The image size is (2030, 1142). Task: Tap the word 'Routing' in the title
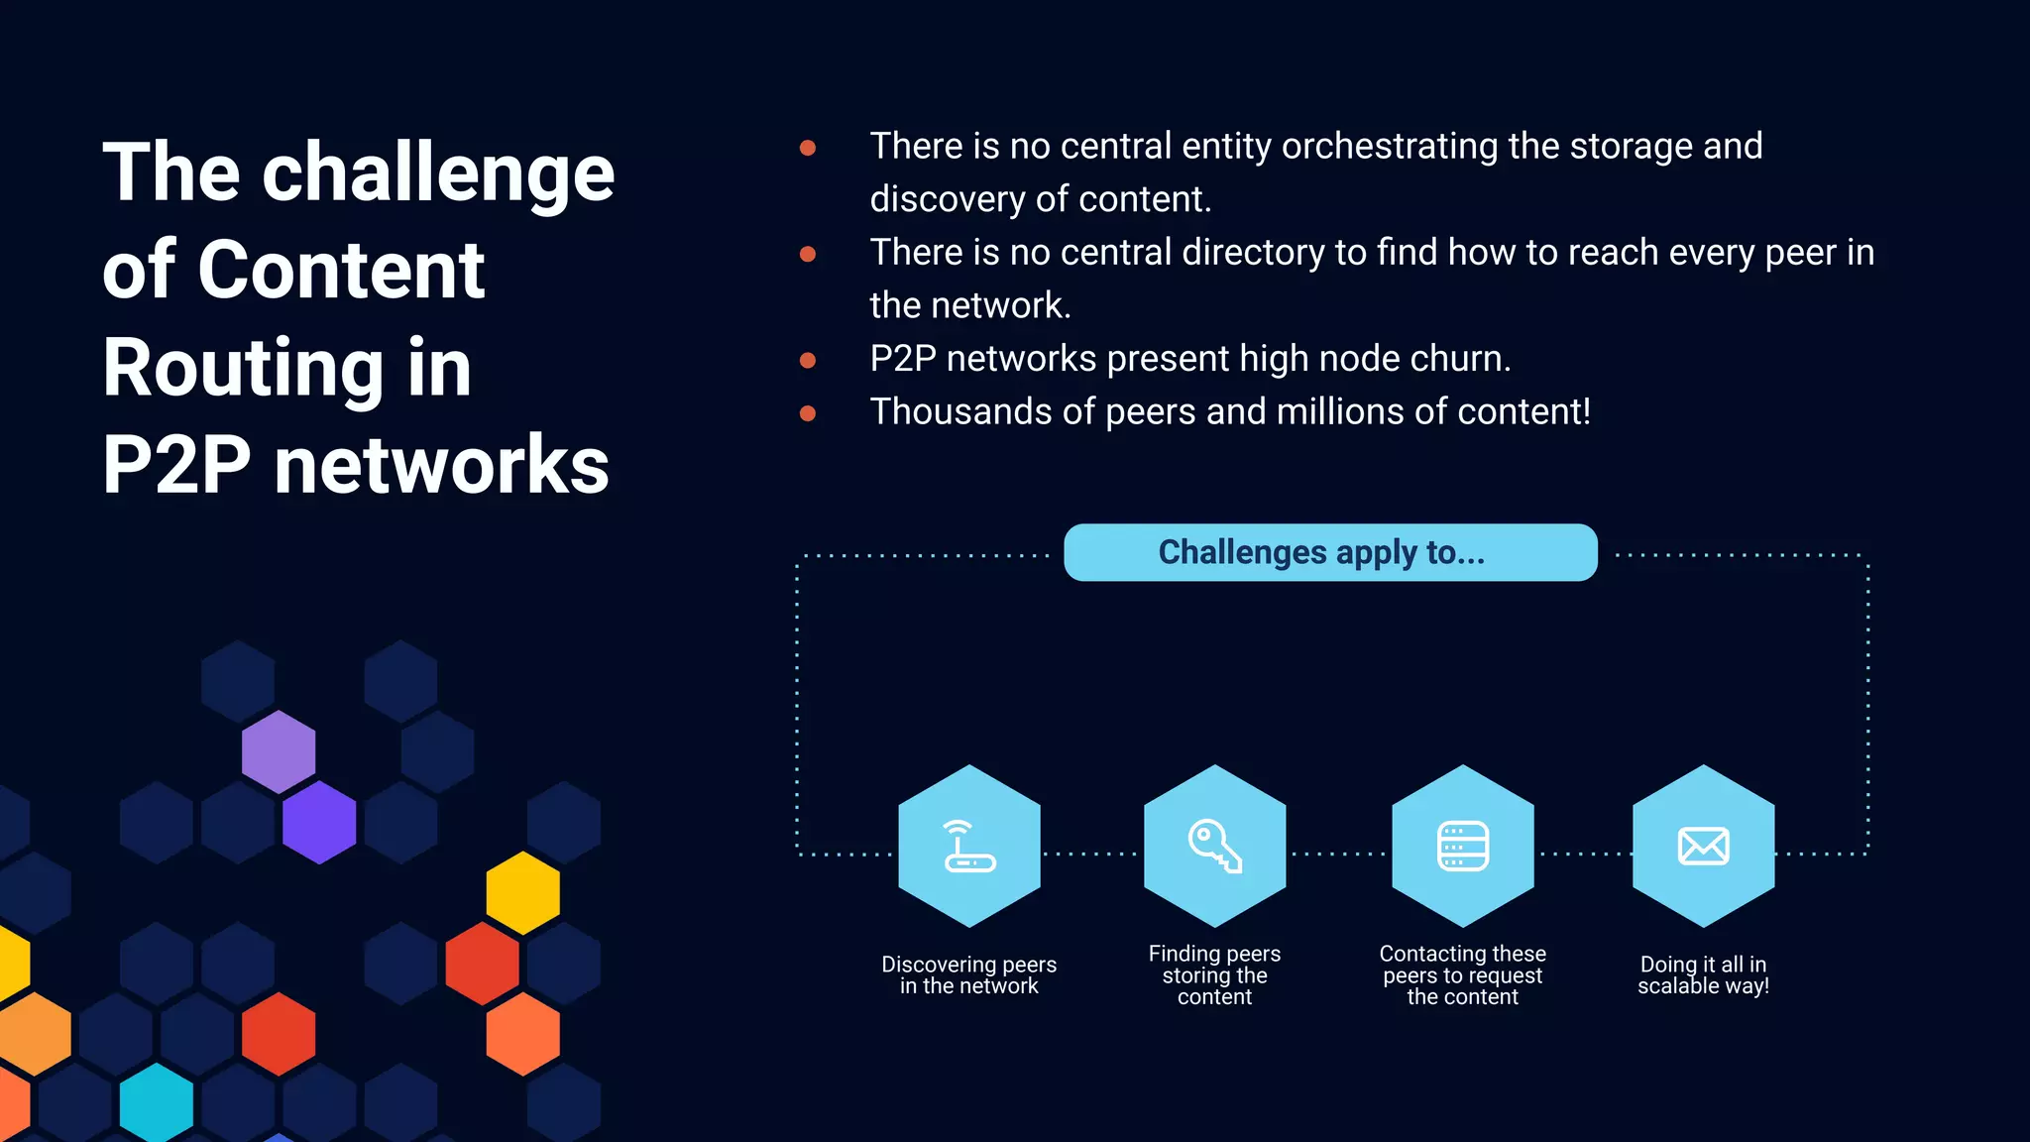click(x=242, y=368)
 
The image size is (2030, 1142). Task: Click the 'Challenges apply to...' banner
click(x=1329, y=552)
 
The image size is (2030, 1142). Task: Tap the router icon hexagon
click(x=968, y=846)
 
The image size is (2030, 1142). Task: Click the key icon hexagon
click(x=1214, y=846)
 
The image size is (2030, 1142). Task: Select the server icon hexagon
click(x=1462, y=846)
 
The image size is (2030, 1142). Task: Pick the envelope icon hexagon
click(x=1703, y=846)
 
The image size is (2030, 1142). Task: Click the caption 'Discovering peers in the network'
click(x=968, y=975)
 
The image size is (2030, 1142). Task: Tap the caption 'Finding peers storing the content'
click(x=1214, y=975)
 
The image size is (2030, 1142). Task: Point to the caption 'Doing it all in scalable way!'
click(x=1703, y=975)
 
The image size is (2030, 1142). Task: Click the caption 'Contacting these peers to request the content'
click(x=1462, y=975)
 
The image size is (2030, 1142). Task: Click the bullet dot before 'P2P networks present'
click(x=808, y=360)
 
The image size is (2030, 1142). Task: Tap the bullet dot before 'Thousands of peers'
click(x=808, y=413)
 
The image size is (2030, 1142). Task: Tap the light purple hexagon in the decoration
click(x=279, y=751)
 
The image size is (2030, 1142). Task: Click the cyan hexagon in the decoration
click(x=156, y=1103)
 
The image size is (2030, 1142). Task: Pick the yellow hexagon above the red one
click(x=522, y=892)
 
